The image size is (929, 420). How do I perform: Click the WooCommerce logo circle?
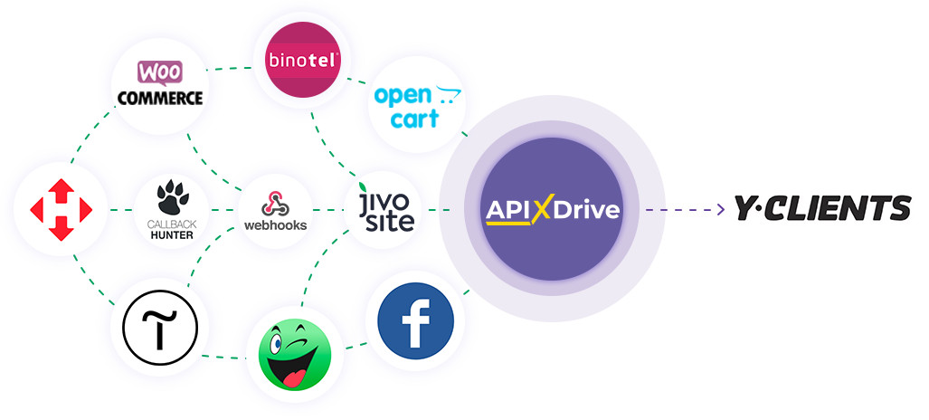[157, 84]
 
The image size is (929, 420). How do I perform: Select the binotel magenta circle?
[302, 62]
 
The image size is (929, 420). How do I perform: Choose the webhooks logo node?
[275, 211]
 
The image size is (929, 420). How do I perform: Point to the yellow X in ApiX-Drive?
[541, 210]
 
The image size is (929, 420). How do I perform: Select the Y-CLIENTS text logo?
[821, 209]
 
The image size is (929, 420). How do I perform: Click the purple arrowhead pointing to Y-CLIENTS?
[720, 210]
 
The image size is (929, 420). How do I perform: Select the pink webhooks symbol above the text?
[274, 200]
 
